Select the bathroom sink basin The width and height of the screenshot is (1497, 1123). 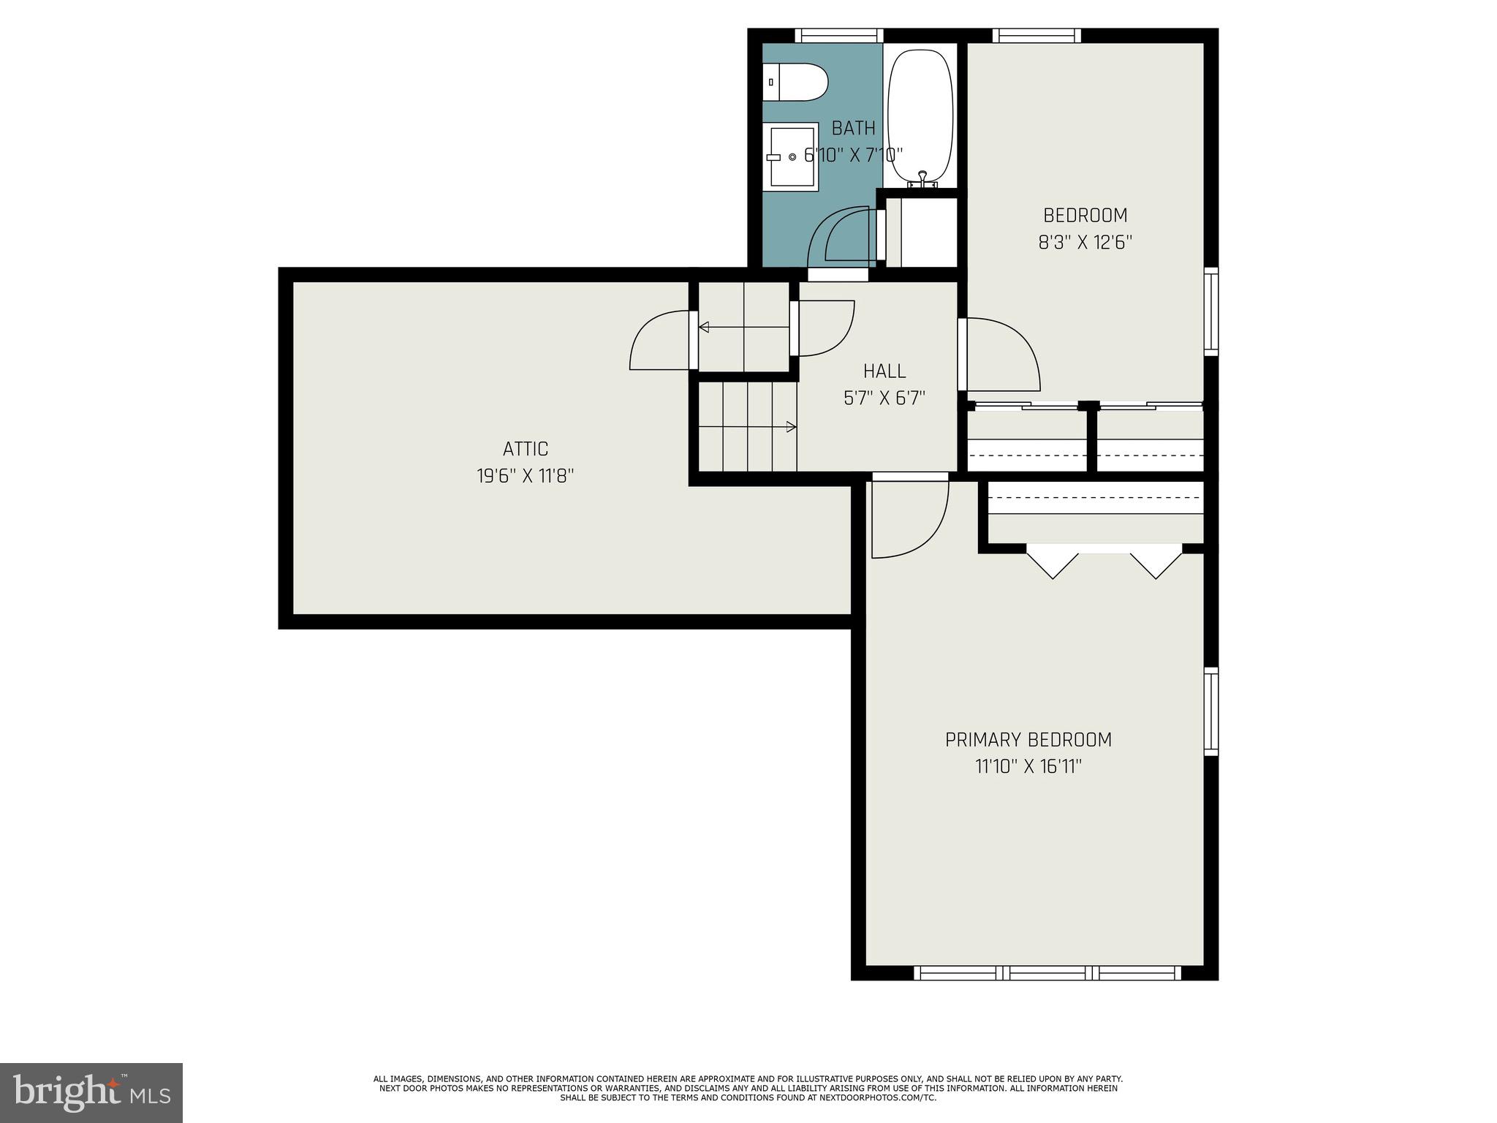(795, 156)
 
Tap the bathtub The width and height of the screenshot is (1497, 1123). (920, 117)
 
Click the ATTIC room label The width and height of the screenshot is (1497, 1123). (525, 448)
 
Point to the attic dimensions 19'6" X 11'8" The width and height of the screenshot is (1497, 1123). (525, 476)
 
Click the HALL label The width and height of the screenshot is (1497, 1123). (884, 371)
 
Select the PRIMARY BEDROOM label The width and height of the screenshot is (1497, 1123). (1028, 740)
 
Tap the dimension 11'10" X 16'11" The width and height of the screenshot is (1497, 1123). (1028, 767)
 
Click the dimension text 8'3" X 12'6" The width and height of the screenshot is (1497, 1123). (1085, 243)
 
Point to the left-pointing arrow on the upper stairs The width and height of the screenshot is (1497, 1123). (703, 327)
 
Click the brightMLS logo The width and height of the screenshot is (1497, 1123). (91, 1092)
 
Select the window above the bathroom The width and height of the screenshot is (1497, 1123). (838, 35)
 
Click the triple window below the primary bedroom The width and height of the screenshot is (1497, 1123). (1047, 972)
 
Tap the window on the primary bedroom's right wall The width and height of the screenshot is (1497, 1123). (1210, 711)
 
